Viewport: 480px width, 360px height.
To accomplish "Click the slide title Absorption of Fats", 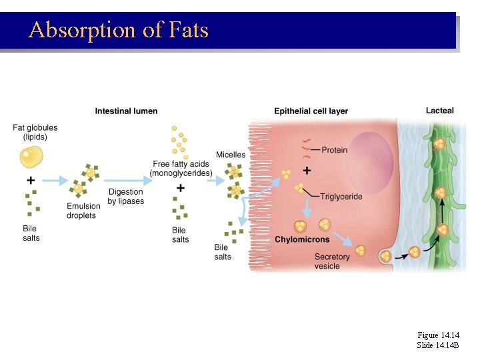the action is pos(119,30).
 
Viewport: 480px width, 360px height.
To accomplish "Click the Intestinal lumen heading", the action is pos(126,111).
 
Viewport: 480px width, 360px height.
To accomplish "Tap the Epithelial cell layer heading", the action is pos(311,111).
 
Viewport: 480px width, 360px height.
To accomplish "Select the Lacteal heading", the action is pos(439,111).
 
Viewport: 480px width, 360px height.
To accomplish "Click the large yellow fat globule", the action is pos(31,158).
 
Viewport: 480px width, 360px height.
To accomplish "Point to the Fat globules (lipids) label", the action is pos(35,132).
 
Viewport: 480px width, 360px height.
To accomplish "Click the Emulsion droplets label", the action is pos(81,211).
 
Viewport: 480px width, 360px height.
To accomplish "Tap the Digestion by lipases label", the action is pos(125,197).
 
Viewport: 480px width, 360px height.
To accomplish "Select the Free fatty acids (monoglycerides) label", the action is pos(181,169).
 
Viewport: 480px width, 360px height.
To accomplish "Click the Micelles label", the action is pos(230,155).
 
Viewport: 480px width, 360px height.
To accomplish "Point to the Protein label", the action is pos(334,150).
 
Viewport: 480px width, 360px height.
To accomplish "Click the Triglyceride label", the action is pos(341,197).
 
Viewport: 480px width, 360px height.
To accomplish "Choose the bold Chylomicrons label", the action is pos(302,239).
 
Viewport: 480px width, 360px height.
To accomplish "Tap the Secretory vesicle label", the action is pos(331,261).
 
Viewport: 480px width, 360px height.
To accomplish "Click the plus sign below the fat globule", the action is pos(31,181).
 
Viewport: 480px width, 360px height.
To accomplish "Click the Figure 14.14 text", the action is pos(438,335).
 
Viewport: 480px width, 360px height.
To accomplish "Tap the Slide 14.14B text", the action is pos(438,345).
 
